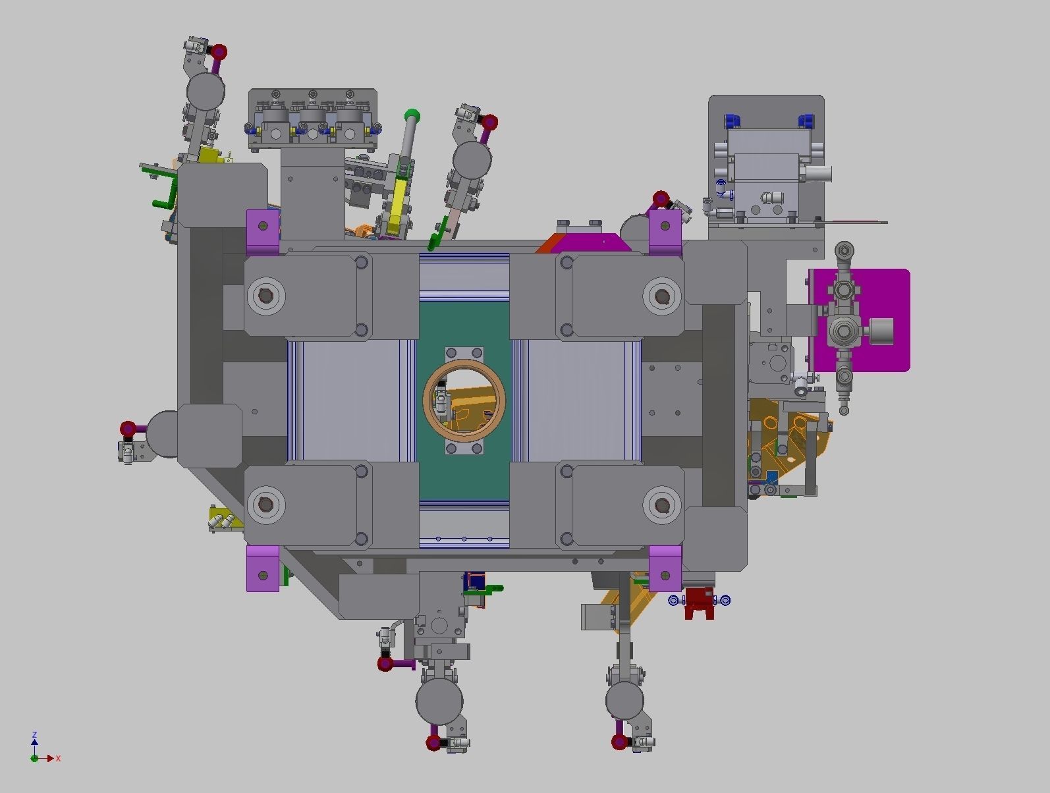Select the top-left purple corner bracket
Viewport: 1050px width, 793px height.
point(263,232)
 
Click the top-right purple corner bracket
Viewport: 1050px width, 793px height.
point(665,231)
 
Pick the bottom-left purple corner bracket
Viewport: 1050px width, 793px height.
point(263,569)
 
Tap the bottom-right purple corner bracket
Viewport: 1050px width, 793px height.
point(665,569)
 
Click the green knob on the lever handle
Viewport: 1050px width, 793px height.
point(412,115)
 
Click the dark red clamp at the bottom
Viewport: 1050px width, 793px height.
point(699,604)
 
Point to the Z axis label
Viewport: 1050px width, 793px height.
point(34,734)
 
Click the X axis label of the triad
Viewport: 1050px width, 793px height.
point(58,759)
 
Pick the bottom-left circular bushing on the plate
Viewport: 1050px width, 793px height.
point(266,505)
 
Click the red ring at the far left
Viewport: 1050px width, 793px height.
point(128,429)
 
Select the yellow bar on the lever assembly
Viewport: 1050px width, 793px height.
point(399,203)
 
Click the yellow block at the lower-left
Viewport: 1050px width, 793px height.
point(223,518)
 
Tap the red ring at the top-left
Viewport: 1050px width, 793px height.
point(219,52)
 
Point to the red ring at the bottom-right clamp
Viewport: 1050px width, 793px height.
point(619,742)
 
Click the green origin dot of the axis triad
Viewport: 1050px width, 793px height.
point(34,759)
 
